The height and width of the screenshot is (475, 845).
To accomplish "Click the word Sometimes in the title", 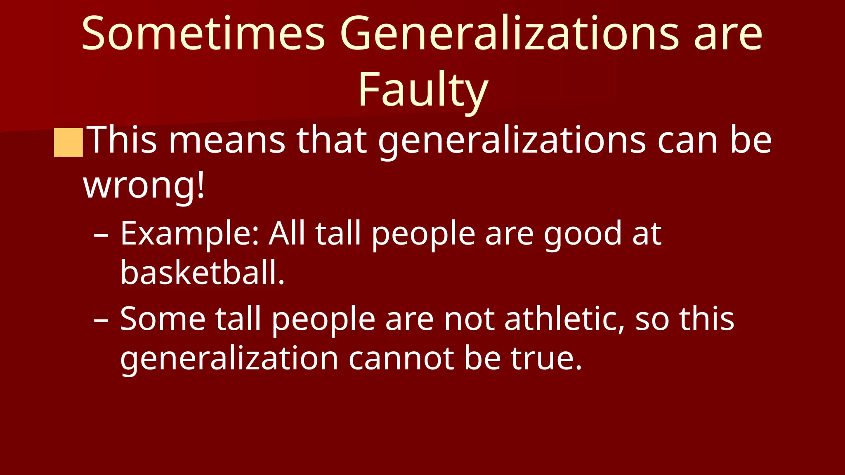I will point(203,34).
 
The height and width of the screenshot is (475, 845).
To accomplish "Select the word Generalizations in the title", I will point(509,34).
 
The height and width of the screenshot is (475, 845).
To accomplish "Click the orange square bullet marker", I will point(68,142).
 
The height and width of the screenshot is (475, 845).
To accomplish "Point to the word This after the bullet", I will point(123,140).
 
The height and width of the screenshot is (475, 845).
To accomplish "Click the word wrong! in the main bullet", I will point(144,185).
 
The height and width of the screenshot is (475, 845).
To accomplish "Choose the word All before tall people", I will point(287,234).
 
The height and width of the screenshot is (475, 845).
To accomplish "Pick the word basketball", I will point(202,273).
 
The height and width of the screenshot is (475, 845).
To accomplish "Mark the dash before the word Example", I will point(101,235).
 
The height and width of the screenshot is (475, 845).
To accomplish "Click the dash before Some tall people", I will point(101,320).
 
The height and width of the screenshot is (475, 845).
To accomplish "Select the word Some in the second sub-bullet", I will point(163,319).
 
